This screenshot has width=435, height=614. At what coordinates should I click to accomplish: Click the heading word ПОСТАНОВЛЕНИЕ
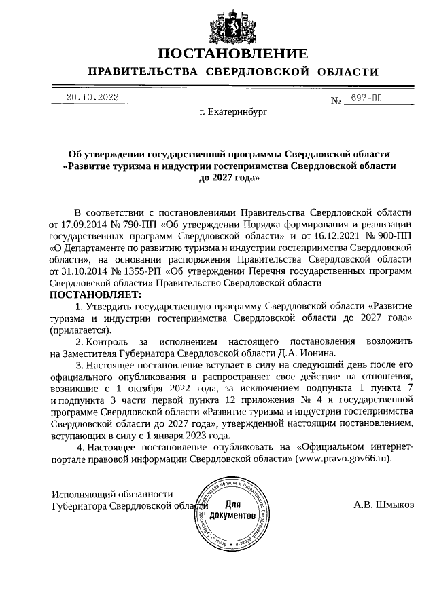(x=233, y=54)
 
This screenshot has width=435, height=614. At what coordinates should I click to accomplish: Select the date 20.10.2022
(x=92, y=97)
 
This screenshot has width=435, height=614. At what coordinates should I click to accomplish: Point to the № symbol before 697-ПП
(x=335, y=102)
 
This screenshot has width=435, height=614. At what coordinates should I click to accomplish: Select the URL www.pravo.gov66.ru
(x=344, y=458)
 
